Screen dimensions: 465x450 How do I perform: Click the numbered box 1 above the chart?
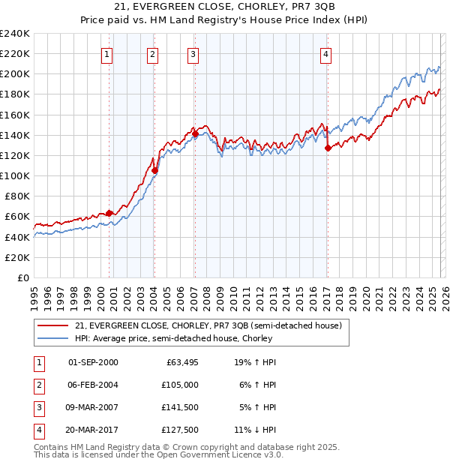click(107, 54)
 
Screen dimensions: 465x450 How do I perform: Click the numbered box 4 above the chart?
click(326, 54)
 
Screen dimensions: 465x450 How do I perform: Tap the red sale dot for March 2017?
click(328, 148)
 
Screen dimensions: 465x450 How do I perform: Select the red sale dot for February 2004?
click(154, 171)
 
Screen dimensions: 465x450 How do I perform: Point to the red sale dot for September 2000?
click(109, 213)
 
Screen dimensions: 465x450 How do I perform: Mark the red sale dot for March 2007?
click(195, 133)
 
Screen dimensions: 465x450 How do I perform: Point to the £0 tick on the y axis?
click(24, 277)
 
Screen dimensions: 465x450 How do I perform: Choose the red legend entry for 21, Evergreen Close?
click(208, 325)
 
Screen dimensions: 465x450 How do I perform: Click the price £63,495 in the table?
click(178, 362)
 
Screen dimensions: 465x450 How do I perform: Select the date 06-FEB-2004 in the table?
click(93, 384)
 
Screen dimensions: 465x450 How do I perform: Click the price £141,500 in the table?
click(177, 407)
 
